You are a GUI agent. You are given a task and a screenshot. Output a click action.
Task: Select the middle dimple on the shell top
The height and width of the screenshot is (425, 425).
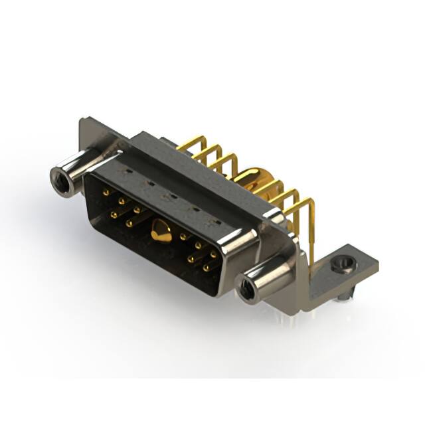click(169, 196)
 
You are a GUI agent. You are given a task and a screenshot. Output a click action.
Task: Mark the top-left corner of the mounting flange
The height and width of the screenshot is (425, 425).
click(81, 120)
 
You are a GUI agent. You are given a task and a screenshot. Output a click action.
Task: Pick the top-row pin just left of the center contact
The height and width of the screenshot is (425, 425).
click(138, 210)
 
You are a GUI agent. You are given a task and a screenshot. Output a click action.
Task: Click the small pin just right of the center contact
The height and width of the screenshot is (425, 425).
click(183, 236)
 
